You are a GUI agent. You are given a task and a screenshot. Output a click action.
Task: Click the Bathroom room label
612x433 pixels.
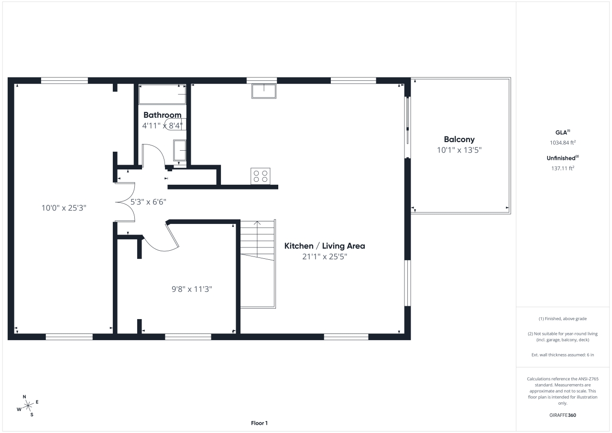(162, 115)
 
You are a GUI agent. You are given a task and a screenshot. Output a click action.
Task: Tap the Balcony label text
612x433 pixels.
(459, 140)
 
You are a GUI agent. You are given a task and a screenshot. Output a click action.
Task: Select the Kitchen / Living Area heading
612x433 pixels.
(325, 246)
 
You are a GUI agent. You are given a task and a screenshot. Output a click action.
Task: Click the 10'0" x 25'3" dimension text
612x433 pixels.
(64, 208)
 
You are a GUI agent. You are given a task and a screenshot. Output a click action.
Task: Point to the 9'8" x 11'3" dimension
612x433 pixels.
(192, 289)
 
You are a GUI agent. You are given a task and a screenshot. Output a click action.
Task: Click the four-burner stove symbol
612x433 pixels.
(261, 176)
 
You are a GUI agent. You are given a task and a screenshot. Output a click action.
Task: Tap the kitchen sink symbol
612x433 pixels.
(264, 91)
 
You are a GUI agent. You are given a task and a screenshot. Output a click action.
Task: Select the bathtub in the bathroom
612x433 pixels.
(162, 94)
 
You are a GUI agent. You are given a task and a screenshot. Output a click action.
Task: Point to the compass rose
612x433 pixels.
(28, 406)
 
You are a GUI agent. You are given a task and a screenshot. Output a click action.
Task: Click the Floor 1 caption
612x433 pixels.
(260, 423)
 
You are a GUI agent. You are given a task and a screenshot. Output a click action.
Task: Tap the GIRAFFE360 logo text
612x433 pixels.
(563, 415)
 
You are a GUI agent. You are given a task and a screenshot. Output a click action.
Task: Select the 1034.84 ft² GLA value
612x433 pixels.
(563, 143)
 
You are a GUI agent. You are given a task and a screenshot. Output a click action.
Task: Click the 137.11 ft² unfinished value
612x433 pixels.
(563, 168)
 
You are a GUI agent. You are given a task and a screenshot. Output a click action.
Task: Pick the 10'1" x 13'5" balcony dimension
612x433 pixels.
(459, 150)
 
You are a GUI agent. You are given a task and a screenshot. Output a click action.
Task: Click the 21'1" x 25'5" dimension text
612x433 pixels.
(325, 256)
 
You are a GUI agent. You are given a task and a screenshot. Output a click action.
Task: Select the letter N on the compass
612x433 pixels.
(25, 397)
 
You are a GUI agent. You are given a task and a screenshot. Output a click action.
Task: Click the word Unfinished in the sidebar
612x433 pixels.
(561, 158)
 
